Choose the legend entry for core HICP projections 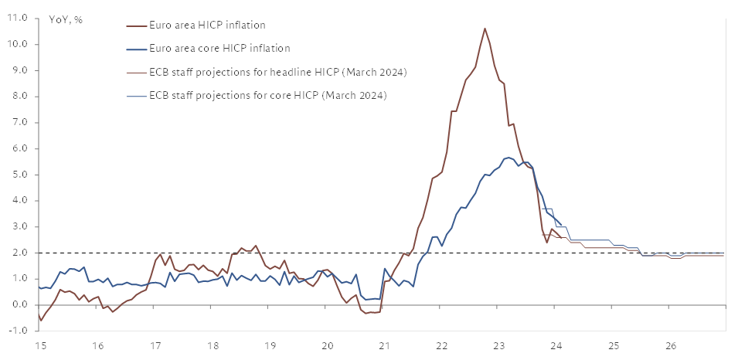(267, 96)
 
